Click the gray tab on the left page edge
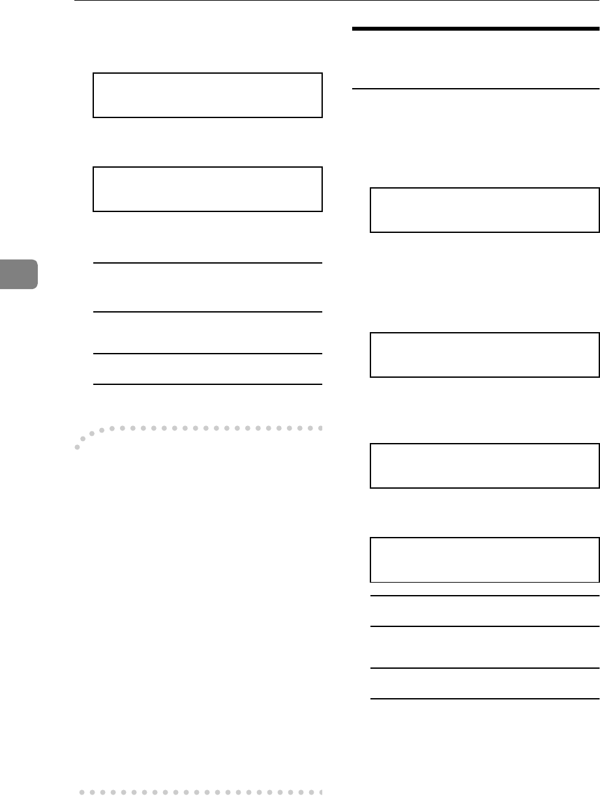(x=18, y=273)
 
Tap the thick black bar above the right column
(x=475, y=29)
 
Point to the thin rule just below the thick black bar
(x=475, y=89)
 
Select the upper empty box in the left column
(x=207, y=95)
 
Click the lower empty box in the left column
(x=207, y=189)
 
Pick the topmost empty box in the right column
(x=485, y=210)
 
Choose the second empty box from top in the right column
(x=485, y=355)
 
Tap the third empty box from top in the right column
(x=485, y=466)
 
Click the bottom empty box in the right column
(x=485, y=560)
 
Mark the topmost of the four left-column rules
(x=207, y=263)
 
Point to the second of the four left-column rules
(x=207, y=312)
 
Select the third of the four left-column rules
(x=207, y=354)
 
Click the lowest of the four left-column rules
(x=207, y=384)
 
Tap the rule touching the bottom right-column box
(x=485, y=596)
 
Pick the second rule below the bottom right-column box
(x=485, y=627)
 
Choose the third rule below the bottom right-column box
(x=485, y=668)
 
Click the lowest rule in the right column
(x=485, y=699)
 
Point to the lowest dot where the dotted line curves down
(x=78, y=448)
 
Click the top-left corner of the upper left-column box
(x=94, y=74)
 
